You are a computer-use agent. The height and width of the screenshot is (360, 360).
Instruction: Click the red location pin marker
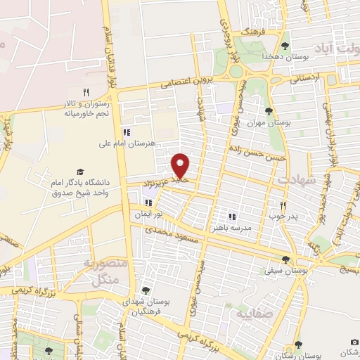[x=181, y=165]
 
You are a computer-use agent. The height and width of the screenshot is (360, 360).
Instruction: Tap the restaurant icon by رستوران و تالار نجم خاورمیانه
[x=86, y=91]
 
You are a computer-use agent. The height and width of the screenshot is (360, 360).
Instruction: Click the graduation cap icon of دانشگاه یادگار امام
[x=80, y=172]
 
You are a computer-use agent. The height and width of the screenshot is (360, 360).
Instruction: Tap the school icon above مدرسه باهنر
[x=232, y=216]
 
